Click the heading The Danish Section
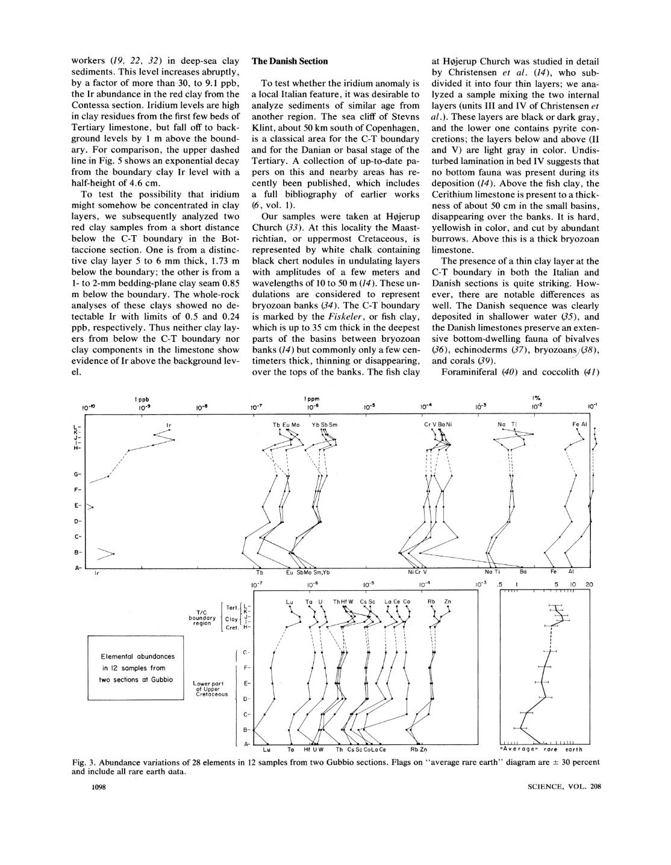point(289,61)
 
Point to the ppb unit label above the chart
point(142,399)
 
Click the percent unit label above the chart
point(535,398)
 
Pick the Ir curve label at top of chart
point(169,426)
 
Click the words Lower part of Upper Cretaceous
point(208,689)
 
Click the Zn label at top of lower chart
point(448,602)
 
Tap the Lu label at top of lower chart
point(289,602)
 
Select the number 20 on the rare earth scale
point(590,584)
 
